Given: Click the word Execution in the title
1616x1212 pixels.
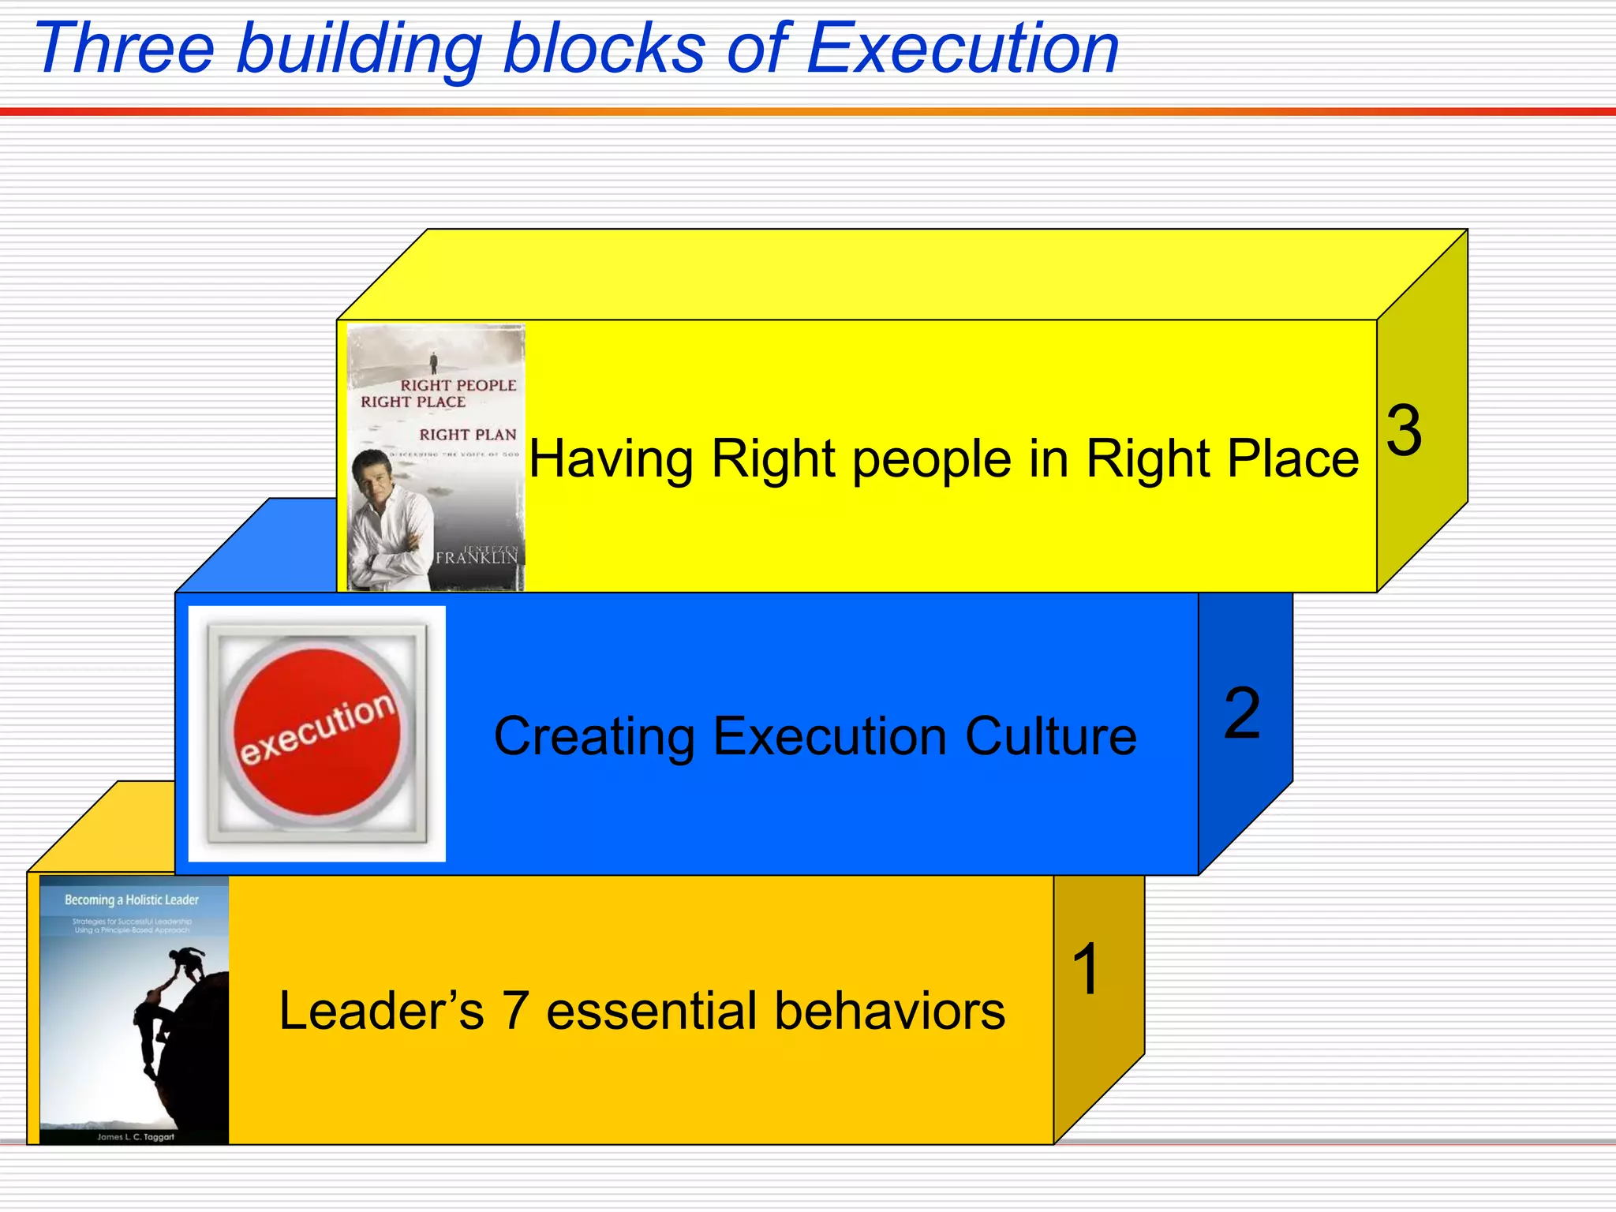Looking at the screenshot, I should click(963, 49).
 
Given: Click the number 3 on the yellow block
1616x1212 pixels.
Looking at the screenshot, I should click(1405, 431).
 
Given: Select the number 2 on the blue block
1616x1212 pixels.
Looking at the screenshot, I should click(1242, 713).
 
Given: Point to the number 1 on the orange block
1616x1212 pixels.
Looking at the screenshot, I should click(1087, 969).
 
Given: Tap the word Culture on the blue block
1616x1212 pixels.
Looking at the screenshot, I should click(1050, 736).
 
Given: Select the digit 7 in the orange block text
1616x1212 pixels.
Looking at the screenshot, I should click(515, 1011).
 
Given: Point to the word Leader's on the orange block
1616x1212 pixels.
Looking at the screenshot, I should click(381, 1011).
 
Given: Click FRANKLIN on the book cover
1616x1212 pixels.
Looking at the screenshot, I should click(477, 558).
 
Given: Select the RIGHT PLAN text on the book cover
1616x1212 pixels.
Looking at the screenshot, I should click(468, 435).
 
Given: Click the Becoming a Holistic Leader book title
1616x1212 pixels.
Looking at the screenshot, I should click(132, 900).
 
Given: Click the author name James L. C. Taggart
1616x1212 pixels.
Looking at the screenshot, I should click(135, 1137).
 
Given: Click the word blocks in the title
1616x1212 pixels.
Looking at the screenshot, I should click(604, 49).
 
